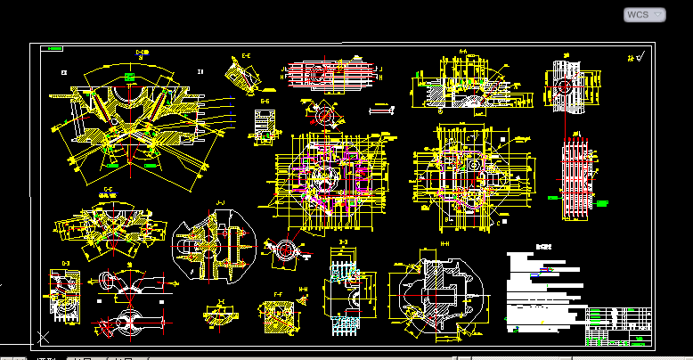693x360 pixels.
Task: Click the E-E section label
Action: coord(246,56)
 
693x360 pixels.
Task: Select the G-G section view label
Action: coord(265,102)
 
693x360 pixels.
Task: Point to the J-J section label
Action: coord(220,203)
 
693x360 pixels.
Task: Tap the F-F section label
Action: coord(278,294)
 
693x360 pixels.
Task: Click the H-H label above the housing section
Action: coord(445,242)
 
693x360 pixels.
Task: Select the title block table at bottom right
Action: coord(619,326)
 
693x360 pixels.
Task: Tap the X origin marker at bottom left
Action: coord(42,336)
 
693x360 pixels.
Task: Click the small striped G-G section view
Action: coord(265,126)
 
